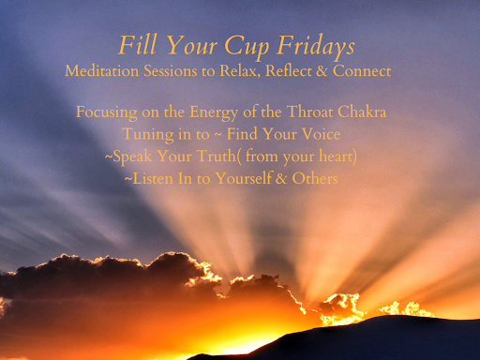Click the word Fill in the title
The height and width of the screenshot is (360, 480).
(x=137, y=45)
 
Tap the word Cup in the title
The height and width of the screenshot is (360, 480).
(x=247, y=47)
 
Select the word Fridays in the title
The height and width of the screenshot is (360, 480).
(x=316, y=47)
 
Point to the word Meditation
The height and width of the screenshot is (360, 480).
(x=102, y=70)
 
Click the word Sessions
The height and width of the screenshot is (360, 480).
(x=171, y=70)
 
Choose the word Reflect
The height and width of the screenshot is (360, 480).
(x=289, y=70)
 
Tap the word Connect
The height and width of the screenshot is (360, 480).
(x=362, y=70)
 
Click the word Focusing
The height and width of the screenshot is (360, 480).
(x=107, y=112)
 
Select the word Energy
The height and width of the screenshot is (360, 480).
(x=214, y=112)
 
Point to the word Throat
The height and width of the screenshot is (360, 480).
(x=309, y=112)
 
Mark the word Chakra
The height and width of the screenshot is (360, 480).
(x=362, y=112)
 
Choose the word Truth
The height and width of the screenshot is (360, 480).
(x=217, y=156)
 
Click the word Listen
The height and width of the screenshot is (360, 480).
(x=153, y=178)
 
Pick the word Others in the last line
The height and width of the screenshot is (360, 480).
(x=315, y=178)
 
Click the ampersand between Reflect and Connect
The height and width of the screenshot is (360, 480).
(x=322, y=71)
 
